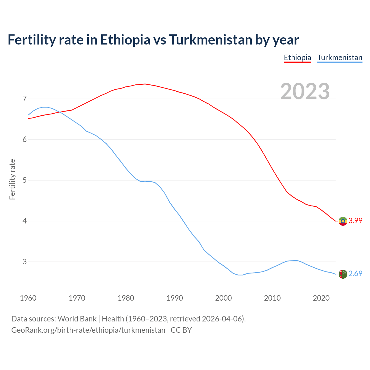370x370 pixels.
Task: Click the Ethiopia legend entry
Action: [x=297, y=58]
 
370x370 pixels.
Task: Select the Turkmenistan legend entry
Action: [x=340, y=58]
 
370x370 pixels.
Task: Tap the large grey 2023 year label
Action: [x=305, y=91]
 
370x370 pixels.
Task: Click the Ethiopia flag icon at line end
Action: [x=343, y=221]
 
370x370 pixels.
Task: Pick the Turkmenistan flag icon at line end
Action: [x=343, y=274]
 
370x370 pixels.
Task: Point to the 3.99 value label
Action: [x=355, y=221]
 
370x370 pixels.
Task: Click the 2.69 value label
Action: [x=355, y=273]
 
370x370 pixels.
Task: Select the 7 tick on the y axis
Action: [x=25, y=99]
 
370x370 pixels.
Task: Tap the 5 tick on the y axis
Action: [x=25, y=180]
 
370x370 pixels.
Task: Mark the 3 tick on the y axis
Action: [x=25, y=262]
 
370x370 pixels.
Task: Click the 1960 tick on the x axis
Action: [x=28, y=298]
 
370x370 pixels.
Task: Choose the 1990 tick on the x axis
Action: [x=175, y=298]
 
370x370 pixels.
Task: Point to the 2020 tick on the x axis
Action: [x=321, y=298]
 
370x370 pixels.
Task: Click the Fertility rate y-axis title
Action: [x=12, y=179]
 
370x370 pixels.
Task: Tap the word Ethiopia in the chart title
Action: [x=125, y=40]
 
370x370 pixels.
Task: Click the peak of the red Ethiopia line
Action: [x=145, y=84]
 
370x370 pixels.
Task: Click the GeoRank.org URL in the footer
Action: [x=88, y=330]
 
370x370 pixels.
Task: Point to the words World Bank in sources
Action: [x=77, y=319]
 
